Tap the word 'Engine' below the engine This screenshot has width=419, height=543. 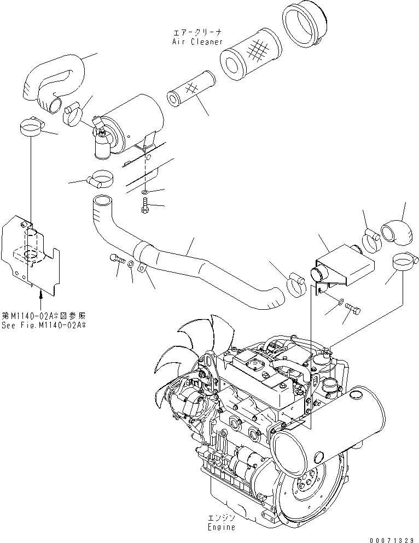pos(222,527)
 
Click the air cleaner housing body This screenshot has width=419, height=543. pos(134,123)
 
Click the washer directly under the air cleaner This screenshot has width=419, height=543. pos(143,192)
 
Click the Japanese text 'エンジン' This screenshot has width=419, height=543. pos(222,518)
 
